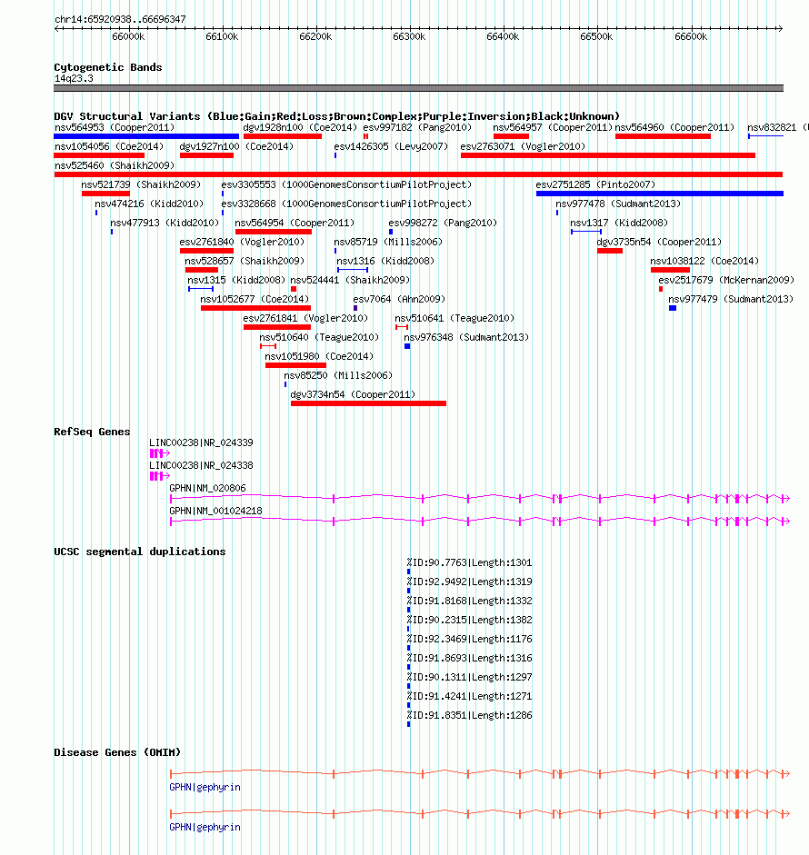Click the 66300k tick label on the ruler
click(409, 36)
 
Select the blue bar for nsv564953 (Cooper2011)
click(146, 136)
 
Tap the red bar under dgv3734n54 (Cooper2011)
click(368, 403)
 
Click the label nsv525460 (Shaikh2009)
click(115, 165)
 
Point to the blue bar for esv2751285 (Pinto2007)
click(660, 194)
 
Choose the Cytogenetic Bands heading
click(108, 67)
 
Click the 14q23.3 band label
click(74, 78)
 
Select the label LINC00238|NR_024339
click(201, 442)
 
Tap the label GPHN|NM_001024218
click(215, 511)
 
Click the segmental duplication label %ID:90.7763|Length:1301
click(469, 562)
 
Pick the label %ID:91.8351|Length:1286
click(469, 715)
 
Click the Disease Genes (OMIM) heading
click(117, 752)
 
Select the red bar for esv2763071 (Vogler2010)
click(608, 155)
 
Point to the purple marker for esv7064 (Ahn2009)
click(355, 308)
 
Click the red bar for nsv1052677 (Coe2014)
click(255, 308)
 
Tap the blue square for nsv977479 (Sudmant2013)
click(673, 308)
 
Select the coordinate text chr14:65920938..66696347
click(120, 19)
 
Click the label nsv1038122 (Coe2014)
click(704, 261)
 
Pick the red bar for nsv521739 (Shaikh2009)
click(105, 194)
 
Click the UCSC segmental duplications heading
click(140, 552)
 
